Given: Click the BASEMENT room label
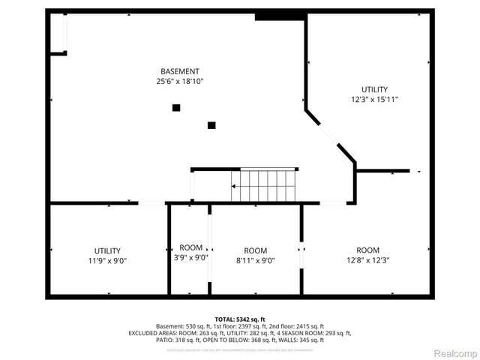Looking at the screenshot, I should click(179, 71).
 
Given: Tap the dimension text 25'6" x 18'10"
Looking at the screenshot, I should click(179, 81).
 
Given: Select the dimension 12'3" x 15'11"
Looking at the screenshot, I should click(374, 99).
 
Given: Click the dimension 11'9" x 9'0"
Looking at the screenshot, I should click(107, 261).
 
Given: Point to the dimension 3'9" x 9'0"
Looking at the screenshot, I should click(190, 257).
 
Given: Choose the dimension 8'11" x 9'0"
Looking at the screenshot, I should click(255, 261).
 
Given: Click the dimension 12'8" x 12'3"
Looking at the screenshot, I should click(367, 260).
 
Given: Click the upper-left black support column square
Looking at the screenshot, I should click(176, 108).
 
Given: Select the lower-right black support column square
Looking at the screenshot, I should click(211, 125).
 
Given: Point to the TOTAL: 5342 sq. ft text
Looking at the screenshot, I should click(240, 319).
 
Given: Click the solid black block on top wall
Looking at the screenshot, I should click(269, 16).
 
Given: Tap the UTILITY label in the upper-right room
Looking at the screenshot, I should click(374, 89).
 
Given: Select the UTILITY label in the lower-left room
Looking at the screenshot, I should click(107, 250).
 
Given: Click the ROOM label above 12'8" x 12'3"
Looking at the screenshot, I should click(367, 250).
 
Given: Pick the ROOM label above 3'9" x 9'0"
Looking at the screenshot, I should click(190, 247).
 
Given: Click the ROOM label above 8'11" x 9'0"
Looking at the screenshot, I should click(255, 250).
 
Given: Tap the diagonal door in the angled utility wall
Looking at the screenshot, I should click(328, 133).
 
